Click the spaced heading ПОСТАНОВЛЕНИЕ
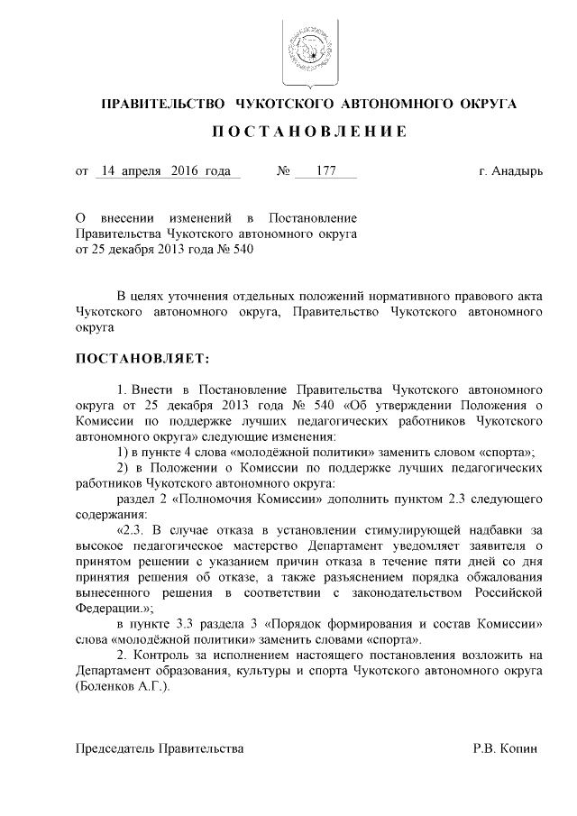point(308,133)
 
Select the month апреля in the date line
point(145,170)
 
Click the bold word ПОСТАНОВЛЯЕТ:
point(142,359)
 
